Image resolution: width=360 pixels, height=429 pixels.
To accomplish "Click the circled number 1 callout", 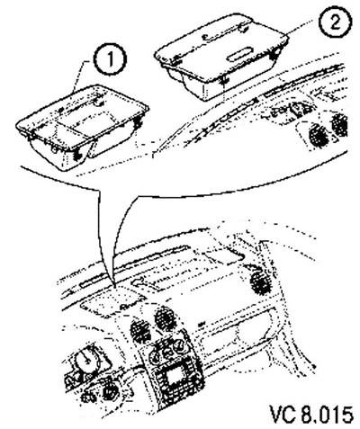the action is tap(111, 59).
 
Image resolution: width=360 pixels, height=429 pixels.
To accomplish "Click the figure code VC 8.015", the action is tap(311, 414).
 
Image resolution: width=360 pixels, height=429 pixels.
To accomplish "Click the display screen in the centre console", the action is tap(174, 377).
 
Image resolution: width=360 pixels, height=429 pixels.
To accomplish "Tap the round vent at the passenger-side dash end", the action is tap(260, 282).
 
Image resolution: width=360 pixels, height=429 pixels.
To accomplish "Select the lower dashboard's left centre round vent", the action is tap(140, 332).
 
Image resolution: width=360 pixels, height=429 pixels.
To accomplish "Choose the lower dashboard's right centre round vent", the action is tap(166, 319).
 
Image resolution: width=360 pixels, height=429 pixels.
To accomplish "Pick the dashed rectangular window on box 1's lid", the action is tap(87, 121).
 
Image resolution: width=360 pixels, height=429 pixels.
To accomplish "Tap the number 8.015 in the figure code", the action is tap(328, 414).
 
